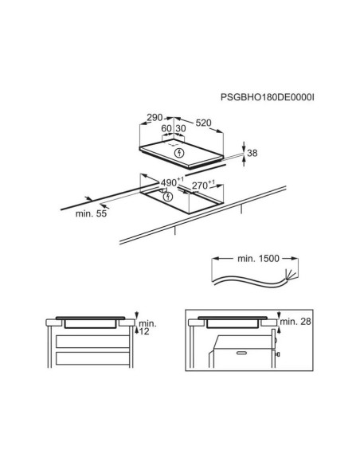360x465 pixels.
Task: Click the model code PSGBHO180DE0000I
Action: [267, 97]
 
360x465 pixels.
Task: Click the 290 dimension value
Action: [155, 117]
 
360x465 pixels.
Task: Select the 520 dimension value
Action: [203, 123]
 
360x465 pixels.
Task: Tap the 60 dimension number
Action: [166, 128]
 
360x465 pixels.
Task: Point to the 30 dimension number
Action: [181, 128]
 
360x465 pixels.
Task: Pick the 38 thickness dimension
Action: [252, 153]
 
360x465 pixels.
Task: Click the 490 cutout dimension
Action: [169, 182]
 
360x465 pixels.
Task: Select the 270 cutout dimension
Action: [200, 186]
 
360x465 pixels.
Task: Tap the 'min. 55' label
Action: [91, 213]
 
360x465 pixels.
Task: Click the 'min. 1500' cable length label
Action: [258, 259]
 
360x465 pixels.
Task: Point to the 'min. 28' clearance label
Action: [295, 321]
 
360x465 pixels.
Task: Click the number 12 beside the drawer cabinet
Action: [144, 331]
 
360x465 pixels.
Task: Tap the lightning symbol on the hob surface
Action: [180, 153]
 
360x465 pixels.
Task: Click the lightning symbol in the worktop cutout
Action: [168, 196]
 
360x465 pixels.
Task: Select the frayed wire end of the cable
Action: [291, 275]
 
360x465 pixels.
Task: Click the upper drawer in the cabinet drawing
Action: [92, 342]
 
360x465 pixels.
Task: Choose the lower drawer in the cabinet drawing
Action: [92, 358]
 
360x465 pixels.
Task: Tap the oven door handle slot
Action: [243, 353]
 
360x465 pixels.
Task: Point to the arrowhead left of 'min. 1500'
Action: [215, 259]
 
